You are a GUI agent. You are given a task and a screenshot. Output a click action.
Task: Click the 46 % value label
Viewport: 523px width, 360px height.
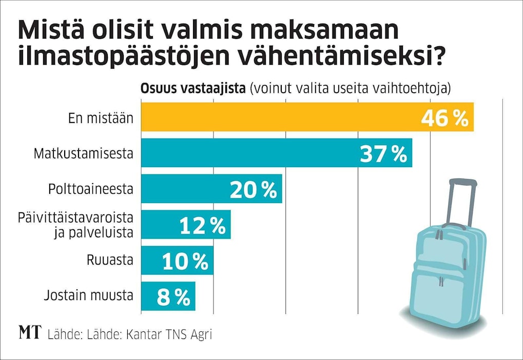coord(444,118)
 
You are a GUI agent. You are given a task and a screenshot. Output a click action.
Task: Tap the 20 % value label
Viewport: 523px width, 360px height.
coord(253,190)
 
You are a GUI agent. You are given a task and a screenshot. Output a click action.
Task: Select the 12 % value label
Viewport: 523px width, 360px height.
coord(202,226)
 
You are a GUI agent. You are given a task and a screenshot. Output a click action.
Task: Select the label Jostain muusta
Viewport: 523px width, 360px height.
coord(89,295)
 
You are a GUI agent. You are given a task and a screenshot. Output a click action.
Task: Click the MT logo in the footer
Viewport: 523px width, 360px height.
coord(30,333)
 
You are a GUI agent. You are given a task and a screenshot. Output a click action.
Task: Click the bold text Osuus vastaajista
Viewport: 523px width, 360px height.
coord(193,88)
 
